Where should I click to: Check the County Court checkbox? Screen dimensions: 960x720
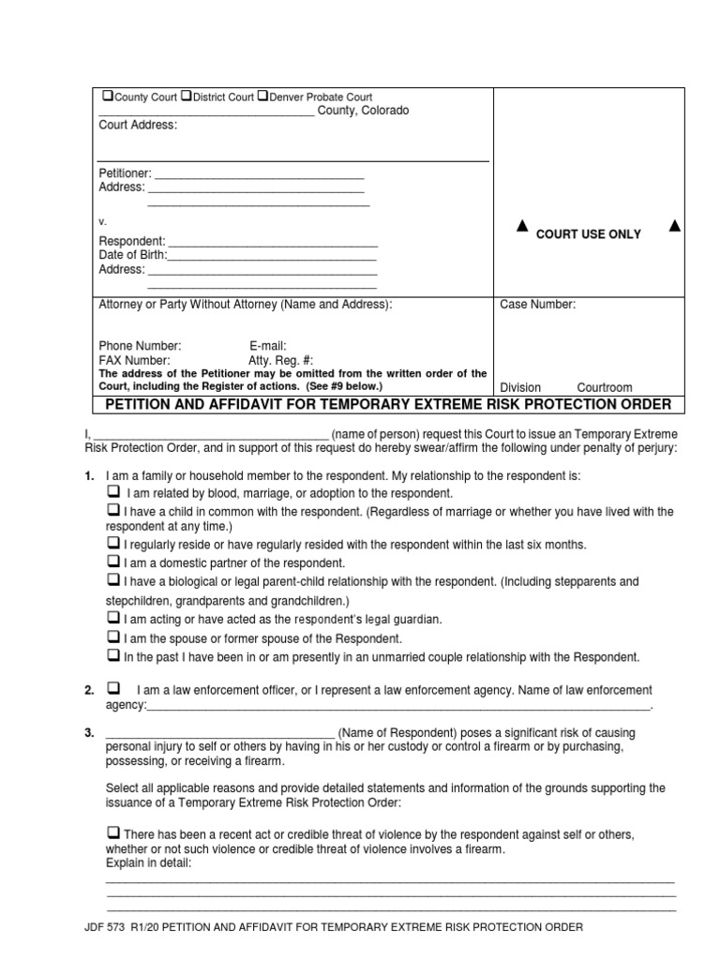click(x=108, y=97)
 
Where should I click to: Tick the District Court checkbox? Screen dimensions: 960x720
click(x=186, y=97)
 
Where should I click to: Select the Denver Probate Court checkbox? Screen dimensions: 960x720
click(x=262, y=97)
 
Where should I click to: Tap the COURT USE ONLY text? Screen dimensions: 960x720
click(x=588, y=234)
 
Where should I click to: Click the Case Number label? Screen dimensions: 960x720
click(x=537, y=305)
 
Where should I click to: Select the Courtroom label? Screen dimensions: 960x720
click(x=604, y=387)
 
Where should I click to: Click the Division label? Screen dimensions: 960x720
click(x=520, y=387)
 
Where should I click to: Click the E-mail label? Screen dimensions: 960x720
click(x=267, y=346)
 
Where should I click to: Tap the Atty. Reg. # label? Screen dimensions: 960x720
click(x=280, y=360)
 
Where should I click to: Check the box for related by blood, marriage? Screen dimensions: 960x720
click(x=112, y=492)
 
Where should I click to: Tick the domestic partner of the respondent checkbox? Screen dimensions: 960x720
click(x=112, y=562)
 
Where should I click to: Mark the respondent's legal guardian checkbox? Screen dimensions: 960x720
click(x=112, y=619)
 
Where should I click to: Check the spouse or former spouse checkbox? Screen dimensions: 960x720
click(x=112, y=637)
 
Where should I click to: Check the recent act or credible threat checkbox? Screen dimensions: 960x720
click(x=112, y=832)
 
